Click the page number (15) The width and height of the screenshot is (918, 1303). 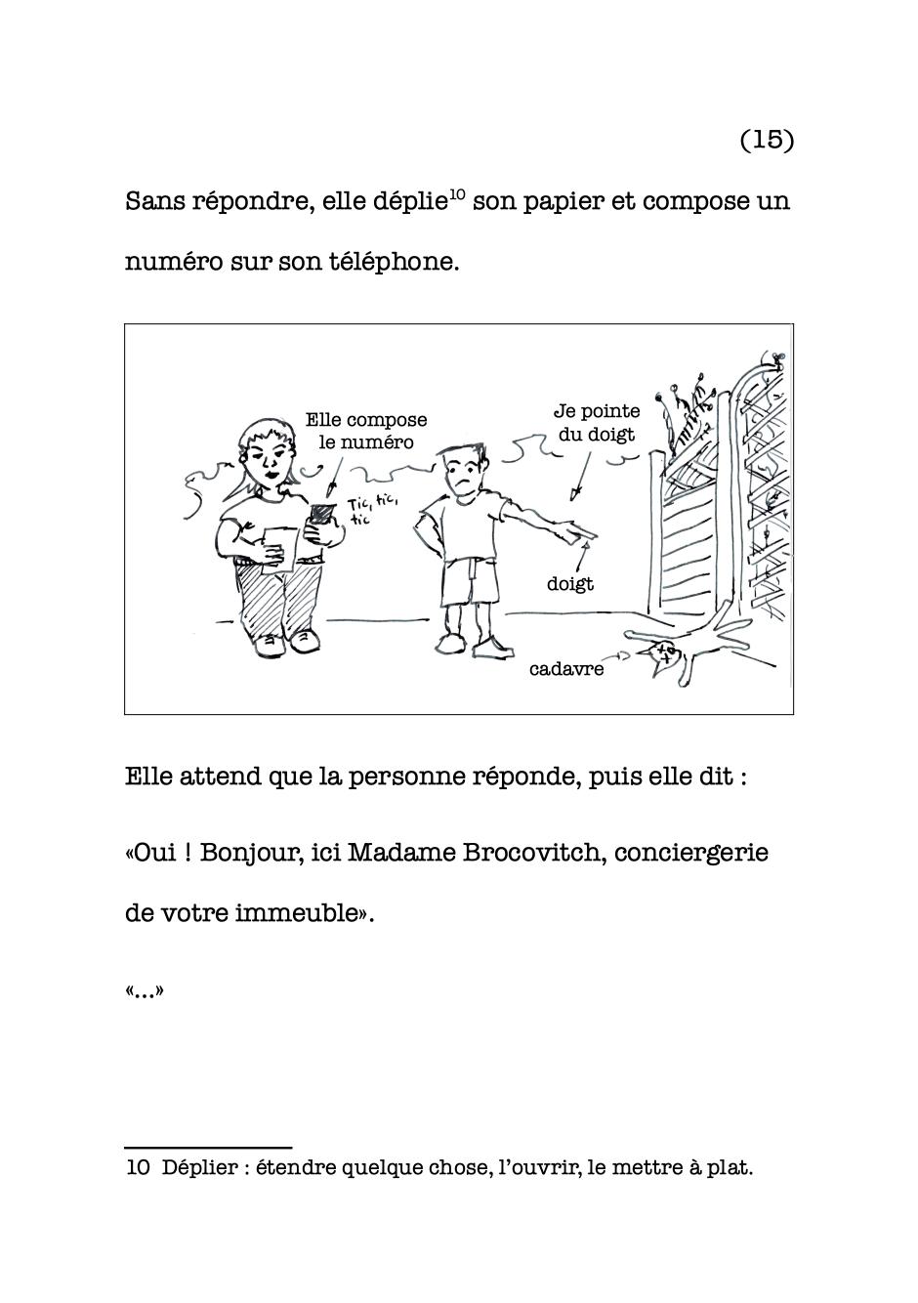click(767, 140)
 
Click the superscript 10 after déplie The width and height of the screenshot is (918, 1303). click(456, 193)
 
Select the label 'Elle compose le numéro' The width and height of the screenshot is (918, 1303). click(366, 431)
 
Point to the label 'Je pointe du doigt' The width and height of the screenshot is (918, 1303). click(597, 423)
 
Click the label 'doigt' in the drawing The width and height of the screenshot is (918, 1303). click(570, 584)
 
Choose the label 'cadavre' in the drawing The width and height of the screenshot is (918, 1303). click(566, 669)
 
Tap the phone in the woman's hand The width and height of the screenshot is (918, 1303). click(320, 516)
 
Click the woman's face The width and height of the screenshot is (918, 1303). click(268, 455)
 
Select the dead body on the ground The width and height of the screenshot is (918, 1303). click(684, 652)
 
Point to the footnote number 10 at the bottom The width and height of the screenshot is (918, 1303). click(137, 1167)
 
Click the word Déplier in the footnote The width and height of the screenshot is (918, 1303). click(200, 1167)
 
